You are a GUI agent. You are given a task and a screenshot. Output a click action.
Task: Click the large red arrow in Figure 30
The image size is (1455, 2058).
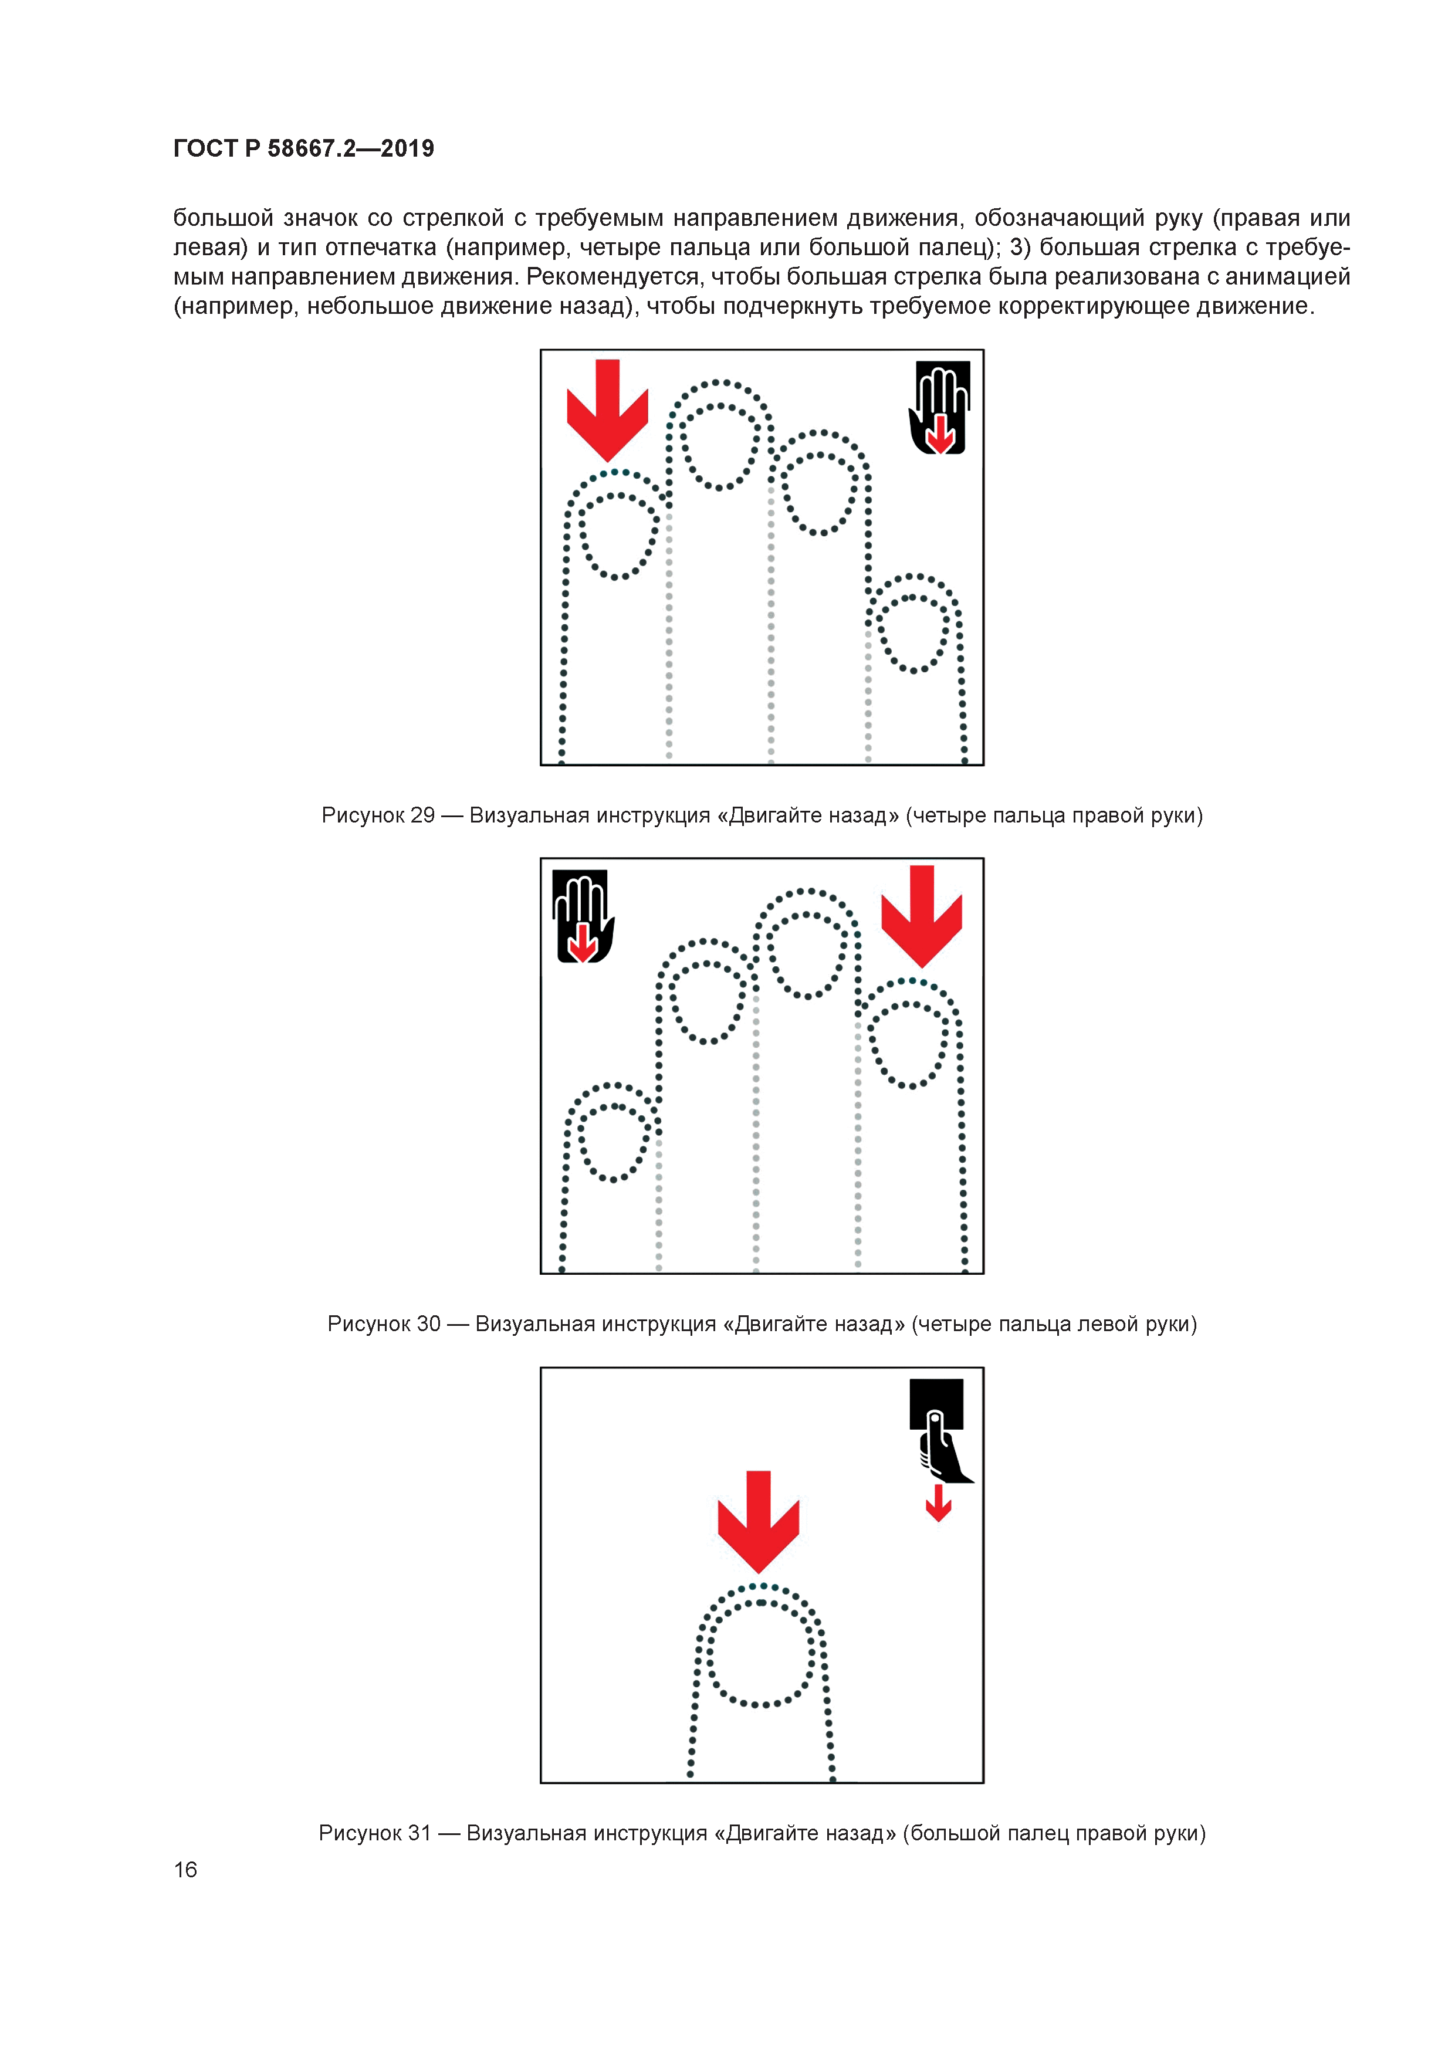(x=922, y=916)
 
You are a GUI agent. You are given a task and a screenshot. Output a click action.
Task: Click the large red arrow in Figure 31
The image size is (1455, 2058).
(x=759, y=1522)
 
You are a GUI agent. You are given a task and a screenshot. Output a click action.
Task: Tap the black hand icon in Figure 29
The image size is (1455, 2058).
(x=939, y=408)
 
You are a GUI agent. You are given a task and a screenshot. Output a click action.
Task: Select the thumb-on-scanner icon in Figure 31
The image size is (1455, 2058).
(x=939, y=1430)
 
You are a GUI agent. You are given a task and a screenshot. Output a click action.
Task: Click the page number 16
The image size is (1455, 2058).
(x=185, y=1870)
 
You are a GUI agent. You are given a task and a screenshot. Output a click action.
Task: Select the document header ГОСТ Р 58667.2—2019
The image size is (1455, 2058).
(x=304, y=148)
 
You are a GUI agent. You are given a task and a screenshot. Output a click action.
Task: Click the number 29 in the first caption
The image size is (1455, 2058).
(x=422, y=815)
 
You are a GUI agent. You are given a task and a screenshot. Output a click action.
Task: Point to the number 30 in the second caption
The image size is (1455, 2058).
(x=428, y=1324)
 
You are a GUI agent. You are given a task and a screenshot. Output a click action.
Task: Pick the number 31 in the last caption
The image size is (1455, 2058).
(x=419, y=1833)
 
